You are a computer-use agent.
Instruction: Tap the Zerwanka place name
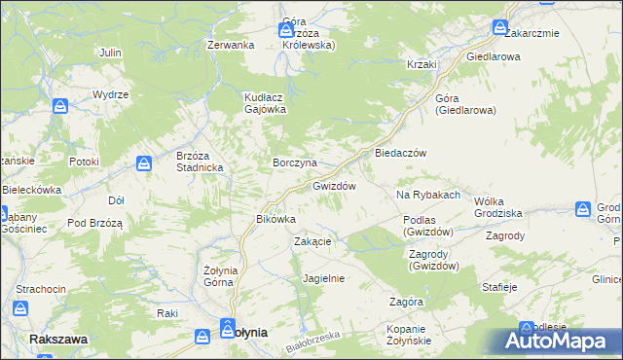tap(231, 45)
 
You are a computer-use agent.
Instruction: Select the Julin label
tap(110, 52)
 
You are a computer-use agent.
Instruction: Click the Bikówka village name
tap(275, 219)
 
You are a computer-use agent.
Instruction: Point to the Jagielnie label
tap(324, 277)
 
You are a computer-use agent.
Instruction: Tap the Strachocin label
tap(41, 290)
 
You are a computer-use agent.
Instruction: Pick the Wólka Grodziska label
tap(497, 206)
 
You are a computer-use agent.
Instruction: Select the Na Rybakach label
tap(427, 196)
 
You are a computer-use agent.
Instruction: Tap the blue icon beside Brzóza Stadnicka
tap(144, 163)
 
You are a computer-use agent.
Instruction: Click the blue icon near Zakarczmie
tap(501, 27)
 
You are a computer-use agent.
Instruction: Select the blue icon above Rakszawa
tap(21, 308)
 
